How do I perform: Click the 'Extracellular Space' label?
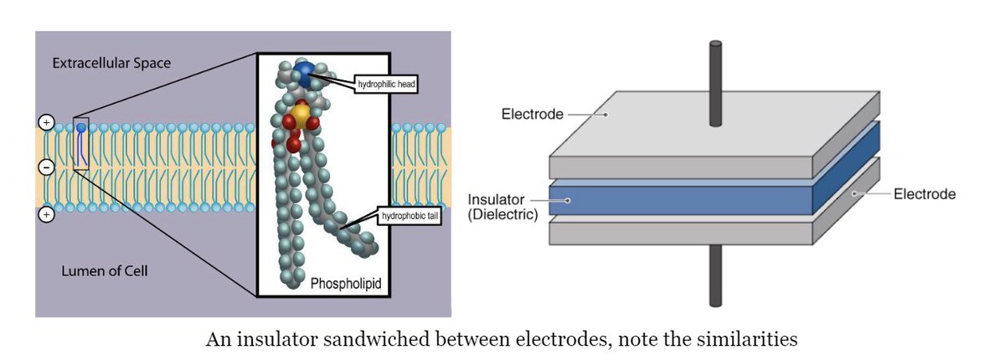[111, 64]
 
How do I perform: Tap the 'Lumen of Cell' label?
[105, 270]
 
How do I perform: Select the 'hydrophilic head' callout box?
[386, 84]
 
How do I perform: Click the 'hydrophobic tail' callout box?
[410, 216]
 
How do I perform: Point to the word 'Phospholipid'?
[346, 283]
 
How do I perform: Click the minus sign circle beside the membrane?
[46, 167]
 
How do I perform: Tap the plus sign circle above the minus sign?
[46, 122]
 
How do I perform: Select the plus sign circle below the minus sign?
[46, 215]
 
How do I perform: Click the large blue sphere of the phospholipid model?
[305, 74]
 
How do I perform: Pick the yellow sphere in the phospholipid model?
[301, 116]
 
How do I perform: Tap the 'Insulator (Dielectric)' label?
[502, 207]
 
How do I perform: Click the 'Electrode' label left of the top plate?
[532, 115]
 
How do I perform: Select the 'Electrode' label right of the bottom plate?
[925, 194]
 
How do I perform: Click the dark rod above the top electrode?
[715, 84]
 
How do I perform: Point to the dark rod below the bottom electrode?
[715, 275]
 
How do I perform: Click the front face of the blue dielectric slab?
[681, 201]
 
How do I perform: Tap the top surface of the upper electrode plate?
[714, 124]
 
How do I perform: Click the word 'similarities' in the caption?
[747, 339]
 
